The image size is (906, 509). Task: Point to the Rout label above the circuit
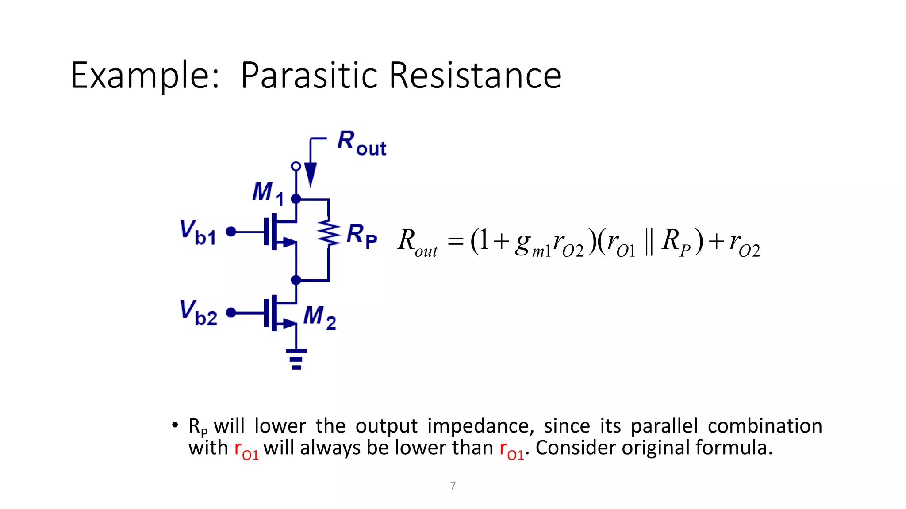coord(361,143)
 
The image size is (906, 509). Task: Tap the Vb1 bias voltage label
coord(198,232)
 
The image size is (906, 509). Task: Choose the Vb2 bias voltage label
coord(198,313)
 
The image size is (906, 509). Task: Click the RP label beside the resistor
coord(361,235)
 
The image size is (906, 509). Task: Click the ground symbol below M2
coord(296,359)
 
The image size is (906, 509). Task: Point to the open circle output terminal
coord(296,166)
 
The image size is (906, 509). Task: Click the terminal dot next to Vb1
coord(231,231)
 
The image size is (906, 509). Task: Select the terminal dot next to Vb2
coord(231,312)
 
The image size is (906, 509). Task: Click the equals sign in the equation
coord(455,242)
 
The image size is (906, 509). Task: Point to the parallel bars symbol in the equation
coord(649,242)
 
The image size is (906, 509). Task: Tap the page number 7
coord(453,486)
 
